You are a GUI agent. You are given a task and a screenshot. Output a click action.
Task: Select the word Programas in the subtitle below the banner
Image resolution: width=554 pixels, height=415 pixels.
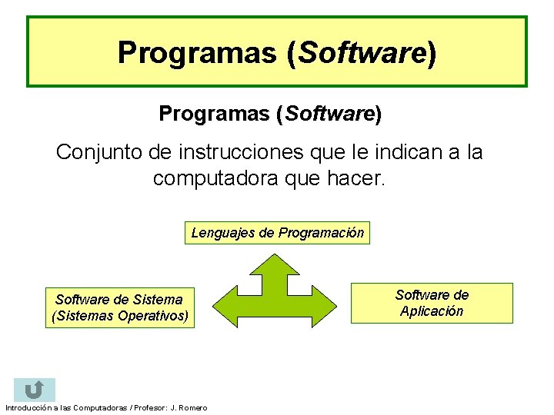(214, 114)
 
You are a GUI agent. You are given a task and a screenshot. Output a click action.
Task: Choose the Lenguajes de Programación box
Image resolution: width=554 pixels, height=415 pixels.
(277, 233)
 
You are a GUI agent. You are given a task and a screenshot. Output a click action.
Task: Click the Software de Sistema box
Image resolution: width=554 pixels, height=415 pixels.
(119, 307)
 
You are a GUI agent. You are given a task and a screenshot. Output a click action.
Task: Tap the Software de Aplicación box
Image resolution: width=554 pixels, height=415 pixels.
(432, 303)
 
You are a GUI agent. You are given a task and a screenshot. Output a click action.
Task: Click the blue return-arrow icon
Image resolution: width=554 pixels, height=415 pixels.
(34, 390)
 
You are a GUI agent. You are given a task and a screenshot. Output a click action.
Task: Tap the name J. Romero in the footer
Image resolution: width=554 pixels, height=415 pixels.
(189, 407)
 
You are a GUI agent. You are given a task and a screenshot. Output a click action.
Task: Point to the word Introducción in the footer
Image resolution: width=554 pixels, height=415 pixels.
(26, 407)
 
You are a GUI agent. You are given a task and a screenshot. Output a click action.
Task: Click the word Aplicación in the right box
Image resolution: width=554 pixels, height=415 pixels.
(432, 311)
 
